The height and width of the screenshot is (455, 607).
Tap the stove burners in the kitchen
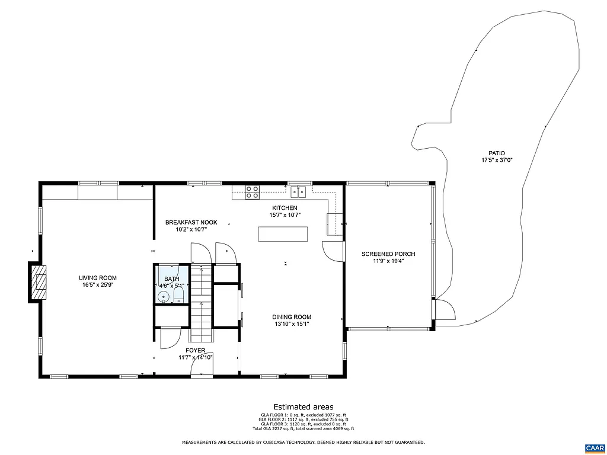pyautogui.click(x=253, y=191)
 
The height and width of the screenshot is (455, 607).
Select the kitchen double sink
pyautogui.click(x=298, y=191)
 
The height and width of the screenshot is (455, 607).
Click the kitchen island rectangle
pyautogui.click(x=283, y=234)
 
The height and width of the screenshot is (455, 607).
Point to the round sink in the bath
pyautogui.click(x=164, y=295)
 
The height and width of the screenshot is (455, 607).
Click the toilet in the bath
pyautogui.click(x=179, y=294)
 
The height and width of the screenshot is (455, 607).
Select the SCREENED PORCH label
pyautogui.click(x=388, y=254)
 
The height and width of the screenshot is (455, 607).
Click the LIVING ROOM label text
pyautogui.click(x=98, y=278)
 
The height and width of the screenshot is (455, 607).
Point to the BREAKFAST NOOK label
pyautogui.click(x=191, y=223)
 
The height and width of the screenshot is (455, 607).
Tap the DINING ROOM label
pyautogui.click(x=292, y=317)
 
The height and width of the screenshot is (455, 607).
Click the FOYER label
pyautogui.click(x=195, y=350)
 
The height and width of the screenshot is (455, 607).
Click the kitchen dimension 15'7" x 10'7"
pyautogui.click(x=285, y=215)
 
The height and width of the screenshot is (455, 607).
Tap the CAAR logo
pyautogui.click(x=594, y=447)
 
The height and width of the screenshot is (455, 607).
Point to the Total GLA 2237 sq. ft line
pyautogui.click(x=303, y=428)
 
